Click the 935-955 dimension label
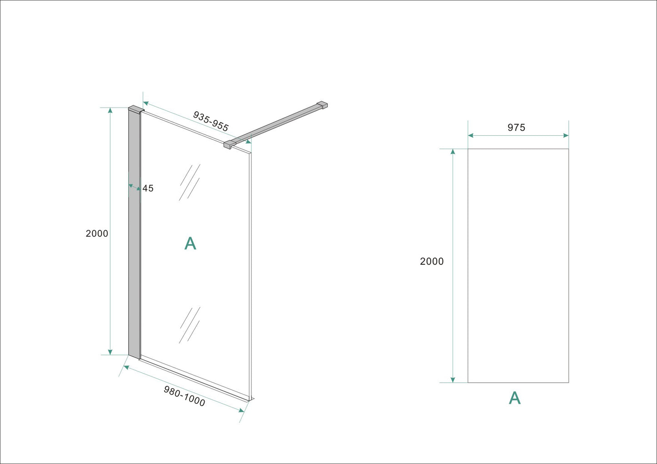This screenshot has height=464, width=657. coord(211,121)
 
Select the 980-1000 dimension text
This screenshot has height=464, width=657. coord(184,396)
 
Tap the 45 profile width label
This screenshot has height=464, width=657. coord(148,188)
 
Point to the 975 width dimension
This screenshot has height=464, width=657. coord(516,128)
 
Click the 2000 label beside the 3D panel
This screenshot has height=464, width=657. coord(97,233)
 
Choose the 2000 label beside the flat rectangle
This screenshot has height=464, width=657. coord(431,261)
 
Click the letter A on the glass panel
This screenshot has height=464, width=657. coord(190,244)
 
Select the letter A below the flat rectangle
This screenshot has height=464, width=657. coord(514,398)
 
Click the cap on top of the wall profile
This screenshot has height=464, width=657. coord(136,109)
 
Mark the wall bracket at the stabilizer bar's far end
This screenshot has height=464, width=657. coord(322,105)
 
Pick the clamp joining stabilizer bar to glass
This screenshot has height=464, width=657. coord(230,144)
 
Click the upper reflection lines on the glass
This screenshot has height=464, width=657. coord(190,182)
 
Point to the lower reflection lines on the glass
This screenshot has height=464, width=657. coord(190,325)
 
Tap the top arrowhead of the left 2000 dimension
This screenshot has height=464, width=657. coord(110,110)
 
